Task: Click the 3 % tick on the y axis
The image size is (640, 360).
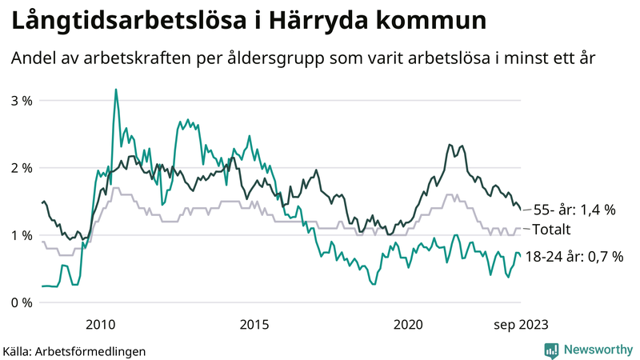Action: click(x=22, y=101)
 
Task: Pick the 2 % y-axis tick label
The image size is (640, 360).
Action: click(x=22, y=168)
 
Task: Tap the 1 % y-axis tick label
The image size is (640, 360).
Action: click(x=22, y=235)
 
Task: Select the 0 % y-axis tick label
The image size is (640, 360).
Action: click(x=22, y=302)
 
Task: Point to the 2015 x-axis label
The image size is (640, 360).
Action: click(x=255, y=324)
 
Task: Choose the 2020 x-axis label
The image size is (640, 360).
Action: click(x=410, y=324)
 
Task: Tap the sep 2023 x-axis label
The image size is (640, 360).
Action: click(x=519, y=324)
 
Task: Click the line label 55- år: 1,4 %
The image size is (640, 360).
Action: click(x=574, y=210)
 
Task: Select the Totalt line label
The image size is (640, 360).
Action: click(x=550, y=230)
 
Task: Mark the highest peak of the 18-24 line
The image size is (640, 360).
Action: click(x=116, y=90)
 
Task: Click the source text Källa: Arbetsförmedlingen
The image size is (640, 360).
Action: click(x=74, y=350)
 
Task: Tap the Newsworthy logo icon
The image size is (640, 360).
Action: click(x=551, y=350)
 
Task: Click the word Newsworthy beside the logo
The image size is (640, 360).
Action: click(x=597, y=350)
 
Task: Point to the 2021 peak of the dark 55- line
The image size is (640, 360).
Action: click(x=450, y=145)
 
